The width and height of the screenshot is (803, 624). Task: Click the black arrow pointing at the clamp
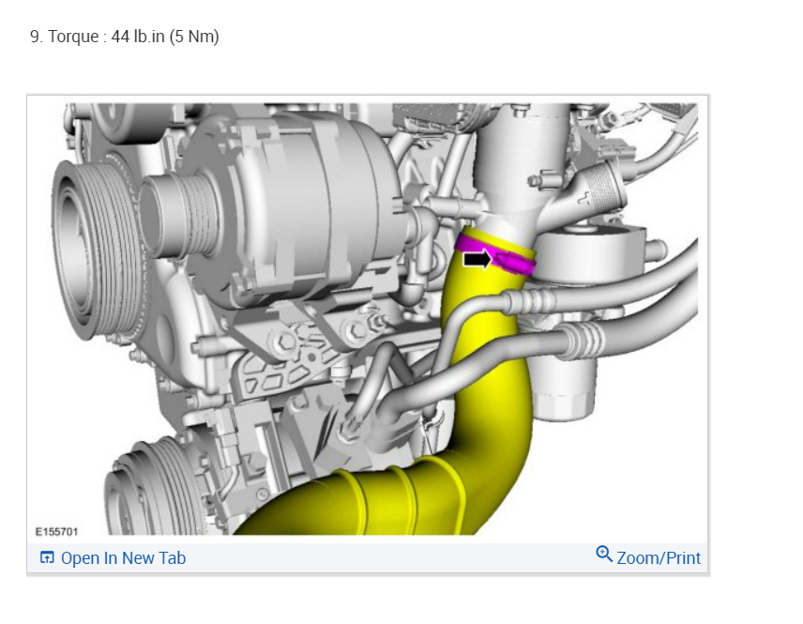pyautogui.click(x=477, y=259)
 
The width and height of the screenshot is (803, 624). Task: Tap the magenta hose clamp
pyautogui.click(x=495, y=255)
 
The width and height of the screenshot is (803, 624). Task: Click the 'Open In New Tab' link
pyautogui.click(x=123, y=558)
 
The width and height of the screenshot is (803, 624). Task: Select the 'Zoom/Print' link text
pyautogui.click(x=659, y=558)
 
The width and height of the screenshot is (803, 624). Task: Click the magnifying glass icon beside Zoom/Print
pyautogui.click(x=604, y=554)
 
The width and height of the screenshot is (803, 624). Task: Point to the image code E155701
pyautogui.click(x=56, y=532)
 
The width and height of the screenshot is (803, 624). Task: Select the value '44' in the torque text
pyautogui.click(x=120, y=37)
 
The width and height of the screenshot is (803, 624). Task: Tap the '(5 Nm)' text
pyautogui.click(x=194, y=37)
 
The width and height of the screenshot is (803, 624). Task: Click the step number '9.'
pyautogui.click(x=36, y=37)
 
